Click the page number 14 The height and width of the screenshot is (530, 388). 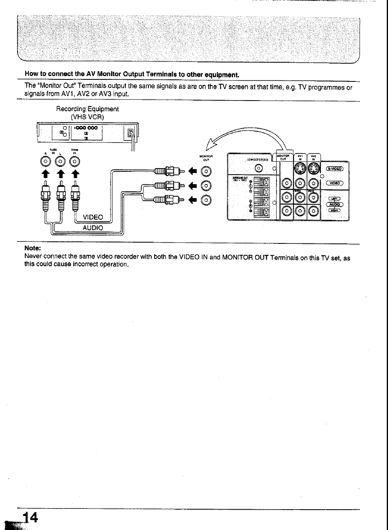point(30,517)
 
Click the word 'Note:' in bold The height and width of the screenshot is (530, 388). point(33,248)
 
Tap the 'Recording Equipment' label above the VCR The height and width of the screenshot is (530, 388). point(87,109)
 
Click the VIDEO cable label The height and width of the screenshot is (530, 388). point(93,217)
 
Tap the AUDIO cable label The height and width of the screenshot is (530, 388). point(93,228)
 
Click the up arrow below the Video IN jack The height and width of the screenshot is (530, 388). point(75,174)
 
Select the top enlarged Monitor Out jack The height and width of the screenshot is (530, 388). point(206,172)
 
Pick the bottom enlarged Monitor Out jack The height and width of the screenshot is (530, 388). point(206,200)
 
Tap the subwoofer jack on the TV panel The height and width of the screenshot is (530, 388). point(257,169)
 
